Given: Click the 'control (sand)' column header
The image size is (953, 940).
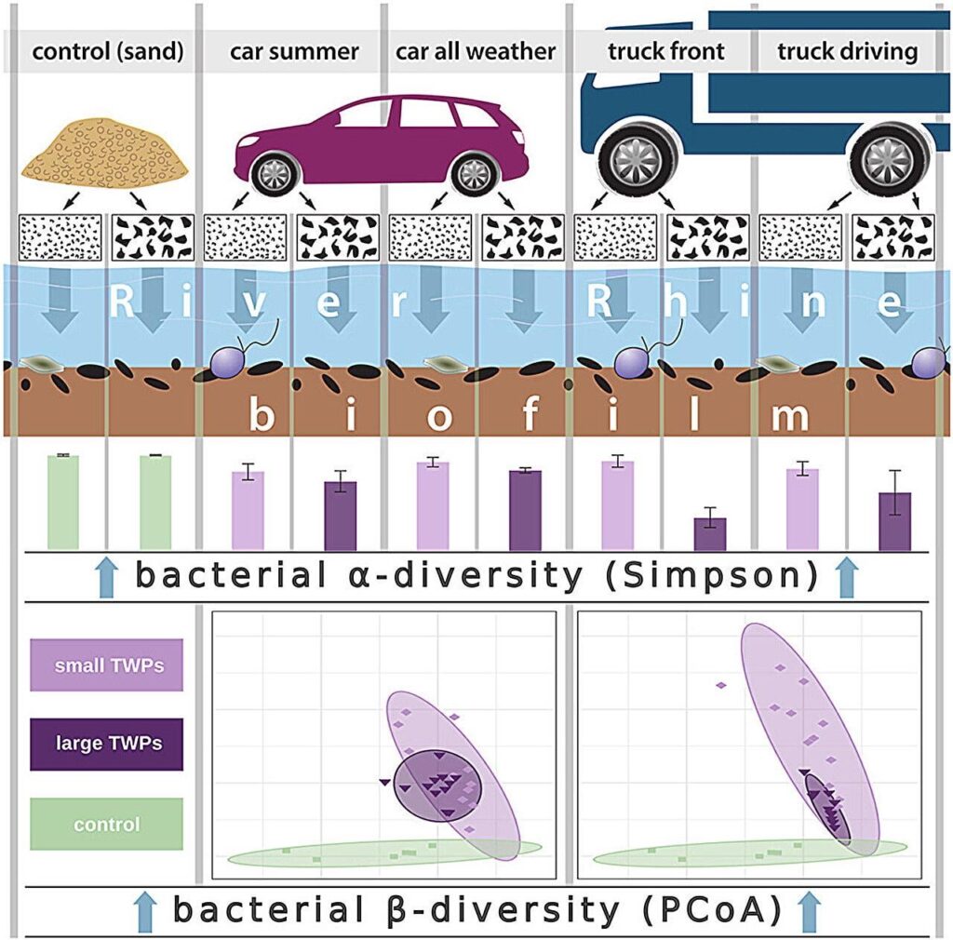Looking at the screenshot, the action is tap(108, 51).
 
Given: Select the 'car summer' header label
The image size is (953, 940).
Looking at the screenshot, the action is tap(294, 51).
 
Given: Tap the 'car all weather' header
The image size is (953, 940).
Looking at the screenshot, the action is tap(476, 51).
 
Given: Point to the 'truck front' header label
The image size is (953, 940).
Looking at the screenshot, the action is tap(666, 51).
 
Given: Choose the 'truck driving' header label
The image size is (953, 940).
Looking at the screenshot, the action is tap(847, 51).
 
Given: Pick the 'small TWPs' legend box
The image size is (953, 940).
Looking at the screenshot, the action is tap(106, 665).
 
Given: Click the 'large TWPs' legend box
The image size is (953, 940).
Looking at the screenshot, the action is tap(106, 744).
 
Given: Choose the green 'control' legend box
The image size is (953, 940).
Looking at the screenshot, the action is tap(106, 824).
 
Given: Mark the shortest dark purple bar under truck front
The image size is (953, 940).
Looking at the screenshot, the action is tap(710, 534).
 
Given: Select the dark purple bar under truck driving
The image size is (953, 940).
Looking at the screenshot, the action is tap(894, 521).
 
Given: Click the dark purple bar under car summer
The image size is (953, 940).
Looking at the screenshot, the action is tap(341, 516).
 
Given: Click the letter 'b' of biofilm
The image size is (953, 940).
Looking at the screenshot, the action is tap(262, 415).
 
